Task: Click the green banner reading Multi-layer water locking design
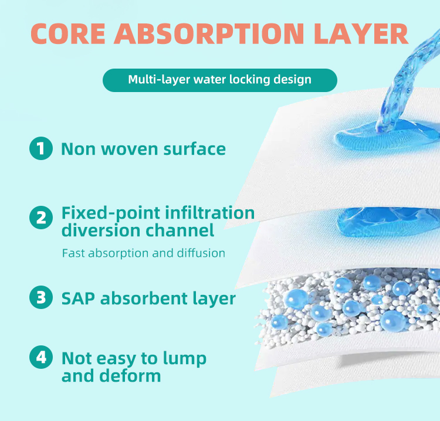click(219, 80)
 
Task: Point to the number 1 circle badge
click(40, 148)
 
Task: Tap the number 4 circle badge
click(40, 358)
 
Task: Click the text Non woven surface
click(143, 149)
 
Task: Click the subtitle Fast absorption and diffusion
click(143, 253)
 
